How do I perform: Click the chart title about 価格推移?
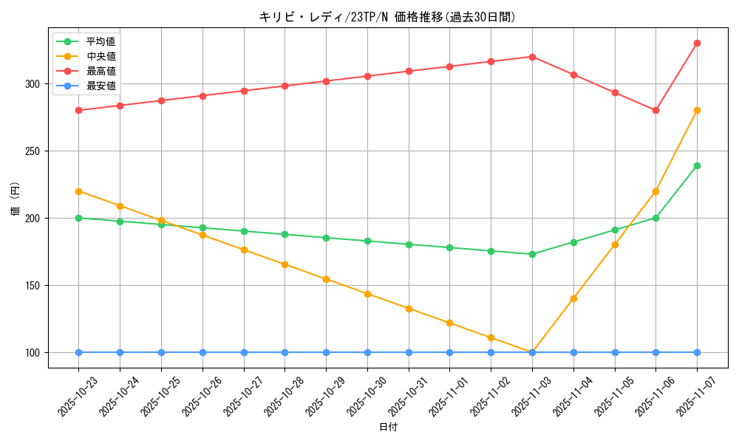coord(387,17)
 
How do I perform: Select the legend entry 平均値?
coord(101,41)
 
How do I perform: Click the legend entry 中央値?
coord(101,56)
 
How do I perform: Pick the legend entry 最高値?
coord(101,71)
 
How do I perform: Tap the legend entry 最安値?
coord(101,86)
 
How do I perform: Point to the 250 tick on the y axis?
coord(33,151)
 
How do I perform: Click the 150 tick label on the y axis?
coord(33,286)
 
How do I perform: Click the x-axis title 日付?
coord(388,427)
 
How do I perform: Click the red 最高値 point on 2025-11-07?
coord(697,44)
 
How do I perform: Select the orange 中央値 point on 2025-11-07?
coord(697,111)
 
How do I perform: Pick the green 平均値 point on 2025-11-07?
coord(697,165)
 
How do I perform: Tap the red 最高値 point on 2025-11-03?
coord(532,57)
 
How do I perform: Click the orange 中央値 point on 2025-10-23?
coord(78,191)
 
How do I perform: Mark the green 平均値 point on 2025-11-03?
coord(532,254)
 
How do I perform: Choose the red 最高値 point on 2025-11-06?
coord(655,111)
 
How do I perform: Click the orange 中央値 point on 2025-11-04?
coord(573,298)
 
